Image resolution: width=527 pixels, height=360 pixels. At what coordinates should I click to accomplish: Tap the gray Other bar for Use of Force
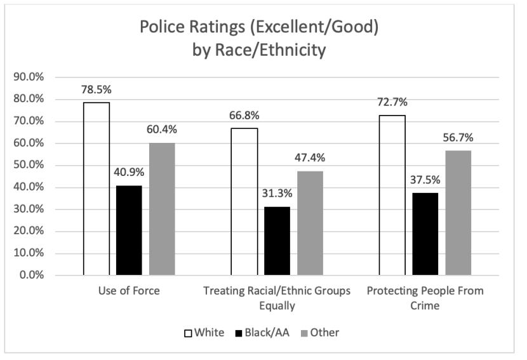(162, 209)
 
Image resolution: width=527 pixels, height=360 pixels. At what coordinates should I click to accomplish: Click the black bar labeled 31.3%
(277, 241)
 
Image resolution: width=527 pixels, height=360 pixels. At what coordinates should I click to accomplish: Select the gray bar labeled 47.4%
(310, 223)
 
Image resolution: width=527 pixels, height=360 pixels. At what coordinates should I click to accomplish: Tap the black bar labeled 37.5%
(425, 234)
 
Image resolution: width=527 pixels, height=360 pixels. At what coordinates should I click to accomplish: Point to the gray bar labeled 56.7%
(458, 213)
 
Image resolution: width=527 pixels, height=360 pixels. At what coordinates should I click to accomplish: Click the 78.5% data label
(95, 89)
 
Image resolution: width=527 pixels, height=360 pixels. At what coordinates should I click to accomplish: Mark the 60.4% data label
(162, 130)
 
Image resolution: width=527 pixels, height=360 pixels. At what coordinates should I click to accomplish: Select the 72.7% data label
(392, 102)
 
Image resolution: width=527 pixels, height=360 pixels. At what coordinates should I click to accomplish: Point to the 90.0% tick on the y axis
(29, 77)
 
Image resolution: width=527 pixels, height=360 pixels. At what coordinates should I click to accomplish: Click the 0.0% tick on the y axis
(30, 276)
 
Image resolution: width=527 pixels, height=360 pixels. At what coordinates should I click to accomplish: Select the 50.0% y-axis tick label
(29, 166)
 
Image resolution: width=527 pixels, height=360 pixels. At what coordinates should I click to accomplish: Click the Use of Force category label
(129, 291)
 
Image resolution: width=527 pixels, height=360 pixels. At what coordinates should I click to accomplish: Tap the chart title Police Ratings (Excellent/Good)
(263, 29)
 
